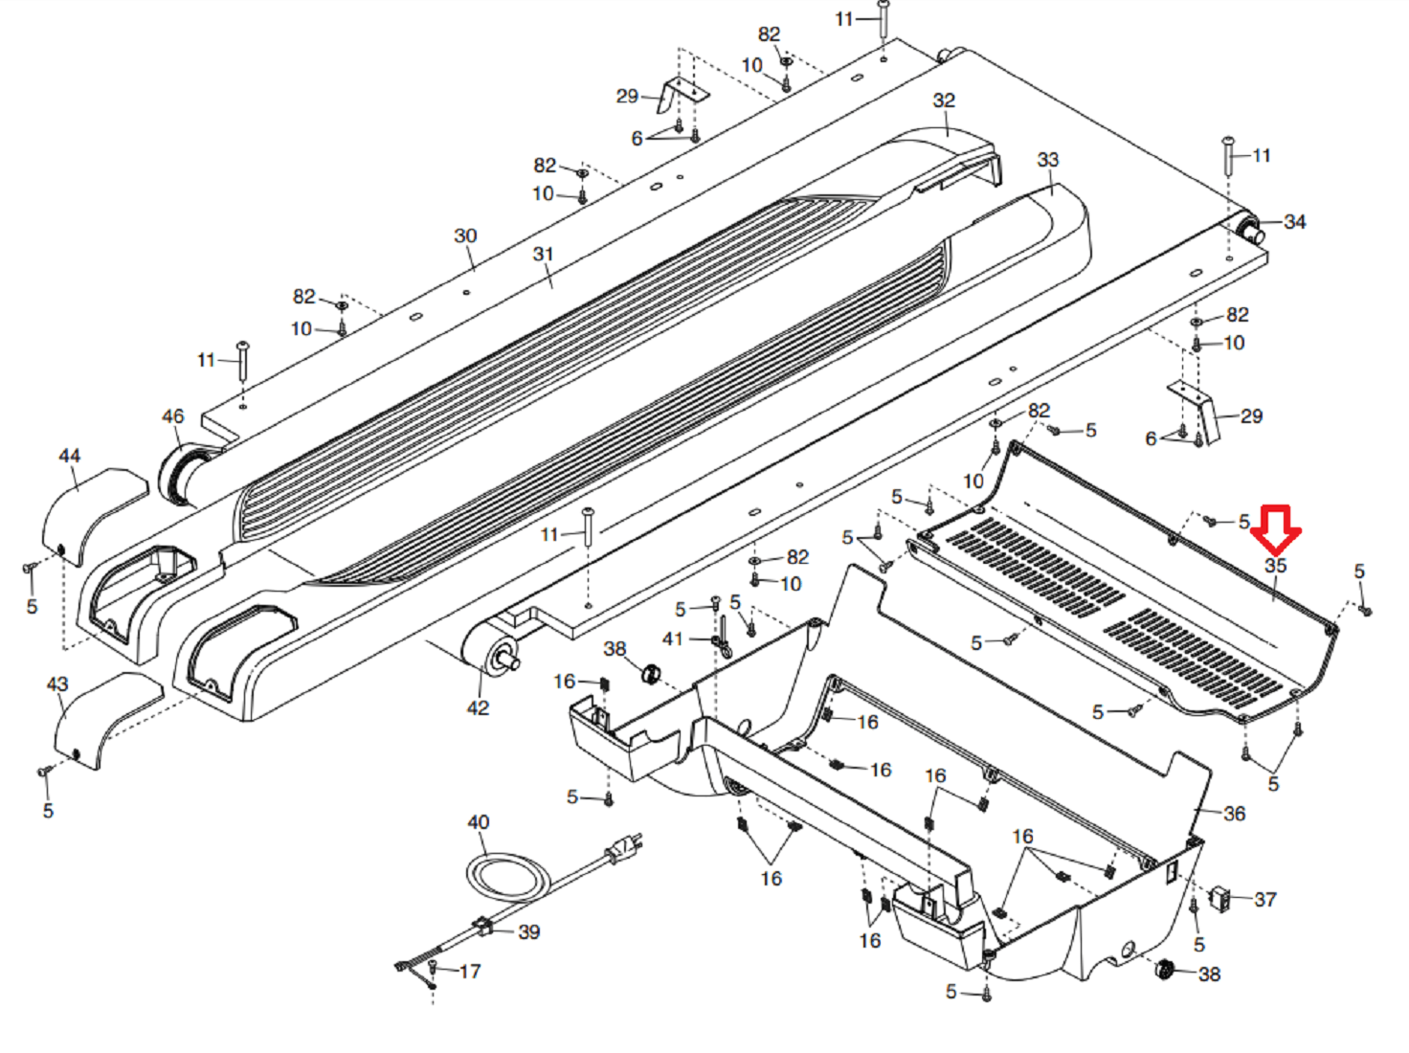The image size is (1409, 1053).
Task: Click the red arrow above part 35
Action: pyautogui.click(x=1275, y=530)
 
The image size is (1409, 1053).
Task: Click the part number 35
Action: pyautogui.click(x=1276, y=566)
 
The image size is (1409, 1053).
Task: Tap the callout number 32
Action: pyautogui.click(x=944, y=101)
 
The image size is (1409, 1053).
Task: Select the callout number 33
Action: pyautogui.click(x=1047, y=159)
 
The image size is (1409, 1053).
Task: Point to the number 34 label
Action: pyautogui.click(x=1295, y=222)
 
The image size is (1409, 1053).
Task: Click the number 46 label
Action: pyautogui.click(x=172, y=416)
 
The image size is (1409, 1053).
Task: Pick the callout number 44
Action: pyautogui.click(x=69, y=457)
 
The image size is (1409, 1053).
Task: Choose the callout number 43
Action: pyautogui.click(x=57, y=684)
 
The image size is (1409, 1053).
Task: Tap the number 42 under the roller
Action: pyautogui.click(x=478, y=707)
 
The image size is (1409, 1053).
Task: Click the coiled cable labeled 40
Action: pyautogui.click(x=507, y=876)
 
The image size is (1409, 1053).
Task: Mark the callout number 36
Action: pyautogui.click(x=1234, y=814)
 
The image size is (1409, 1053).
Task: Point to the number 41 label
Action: pyautogui.click(x=672, y=639)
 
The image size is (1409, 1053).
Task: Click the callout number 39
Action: pyautogui.click(x=528, y=931)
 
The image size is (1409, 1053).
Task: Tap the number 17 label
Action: pyautogui.click(x=470, y=972)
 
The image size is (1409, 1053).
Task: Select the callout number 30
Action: pyautogui.click(x=465, y=235)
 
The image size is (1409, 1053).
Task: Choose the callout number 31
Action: pyautogui.click(x=543, y=254)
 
